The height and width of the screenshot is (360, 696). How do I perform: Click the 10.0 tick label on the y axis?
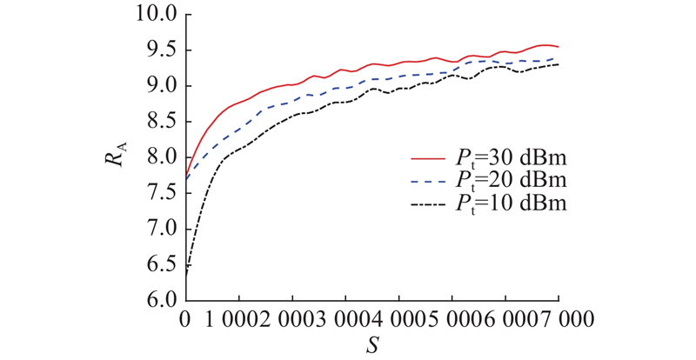(157, 15)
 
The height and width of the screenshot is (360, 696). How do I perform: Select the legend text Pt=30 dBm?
(512, 159)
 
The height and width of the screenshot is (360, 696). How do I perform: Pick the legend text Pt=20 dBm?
(512, 181)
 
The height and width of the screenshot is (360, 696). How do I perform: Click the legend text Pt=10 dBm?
(512, 204)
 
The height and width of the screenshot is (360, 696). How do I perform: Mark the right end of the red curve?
(558, 47)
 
